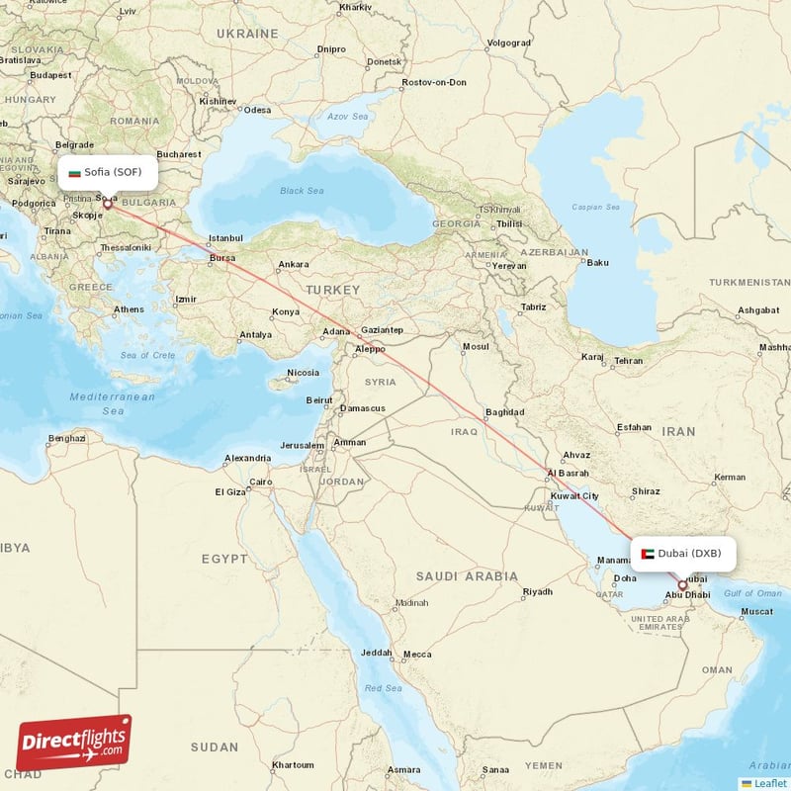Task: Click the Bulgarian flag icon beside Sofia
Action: click(74, 172)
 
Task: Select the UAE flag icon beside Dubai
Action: click(648, 554)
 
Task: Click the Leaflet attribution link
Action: click(768, 782)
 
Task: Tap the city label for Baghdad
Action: click(504, 412)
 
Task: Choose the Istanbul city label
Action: click(225, 238)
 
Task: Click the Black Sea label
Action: click(302, 191)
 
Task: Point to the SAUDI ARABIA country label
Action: click(467, 575)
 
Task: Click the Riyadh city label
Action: click(538, 592)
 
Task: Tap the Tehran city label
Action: click(629, 361)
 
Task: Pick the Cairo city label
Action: click(261, 483)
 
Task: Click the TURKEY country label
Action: click(332, 289)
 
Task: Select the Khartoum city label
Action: click(293, 764)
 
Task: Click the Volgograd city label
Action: click(509, 43)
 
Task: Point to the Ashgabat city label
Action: click(758, 310)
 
